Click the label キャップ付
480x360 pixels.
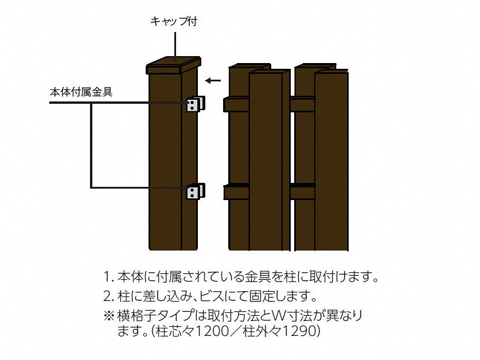(x=174, y=21)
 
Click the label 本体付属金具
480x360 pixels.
(x=81, y=92)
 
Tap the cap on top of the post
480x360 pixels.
(x=174, y=65)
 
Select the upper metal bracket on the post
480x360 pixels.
(x=196, y=104)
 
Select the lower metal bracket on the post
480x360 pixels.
(x=196, y=191)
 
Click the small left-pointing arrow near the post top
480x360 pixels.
(x=213, y=81)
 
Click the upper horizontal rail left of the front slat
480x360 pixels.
(x=236, y=104)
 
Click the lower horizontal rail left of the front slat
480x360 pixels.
(x=236, y=191)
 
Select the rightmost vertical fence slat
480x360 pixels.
(x=332, y=160)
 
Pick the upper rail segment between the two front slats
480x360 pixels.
(x=302, y=104)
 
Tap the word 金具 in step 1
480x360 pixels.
(x=258, y=277)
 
